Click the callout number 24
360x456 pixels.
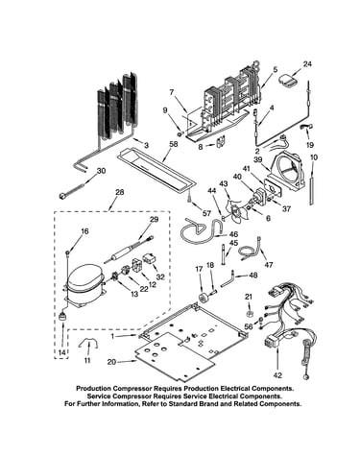tap(307, 64)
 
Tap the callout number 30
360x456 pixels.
tap(101, 171)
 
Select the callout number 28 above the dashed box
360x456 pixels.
tap(120, 193)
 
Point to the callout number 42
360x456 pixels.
tap(277, 375)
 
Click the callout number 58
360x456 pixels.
tap(174, 144)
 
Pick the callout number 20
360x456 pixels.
tap(111, 362)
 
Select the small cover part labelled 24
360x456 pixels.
tap(289, 81)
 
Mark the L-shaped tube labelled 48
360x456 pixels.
tap(228, 279)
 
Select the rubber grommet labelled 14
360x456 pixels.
tap(61, 317)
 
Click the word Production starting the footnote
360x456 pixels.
tap(93, 389)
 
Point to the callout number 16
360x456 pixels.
tap(84, 231)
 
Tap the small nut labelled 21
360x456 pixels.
tap(250, 312)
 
